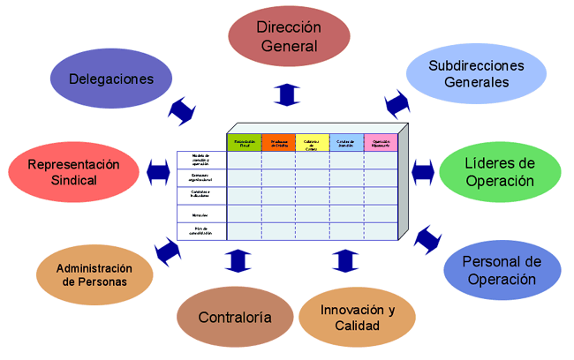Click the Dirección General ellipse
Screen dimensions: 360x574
[x=287, y=41]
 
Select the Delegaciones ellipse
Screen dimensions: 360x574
[x=110, y=78]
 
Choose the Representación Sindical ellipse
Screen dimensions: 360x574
[x=73, y=172]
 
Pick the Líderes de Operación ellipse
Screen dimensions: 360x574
[x=500, y=172]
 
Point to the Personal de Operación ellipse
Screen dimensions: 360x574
[x=500, y=271]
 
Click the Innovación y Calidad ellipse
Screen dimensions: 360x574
[x=358, y=319]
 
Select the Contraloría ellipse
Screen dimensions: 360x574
[x=234, y=318]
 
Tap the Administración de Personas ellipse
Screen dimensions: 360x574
[x=94, y=275]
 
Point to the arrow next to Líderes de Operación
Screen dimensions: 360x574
[x=422, y=169]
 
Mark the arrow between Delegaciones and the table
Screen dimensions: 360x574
[x=182, y=111]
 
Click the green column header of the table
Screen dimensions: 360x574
[x=244, y=143]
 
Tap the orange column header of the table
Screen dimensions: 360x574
[x=278, y=143]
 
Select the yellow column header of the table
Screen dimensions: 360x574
[x=312, y=143]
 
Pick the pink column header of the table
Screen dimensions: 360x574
[x=381, y=143]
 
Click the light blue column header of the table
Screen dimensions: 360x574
[x=346, y=143]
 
